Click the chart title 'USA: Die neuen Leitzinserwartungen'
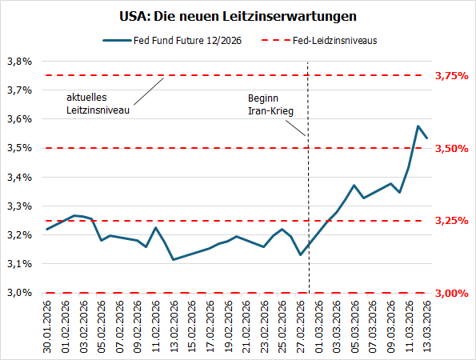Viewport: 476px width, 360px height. click(238, 16)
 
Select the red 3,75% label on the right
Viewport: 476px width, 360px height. click(450, 76)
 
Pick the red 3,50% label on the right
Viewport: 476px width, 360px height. click(450, 148)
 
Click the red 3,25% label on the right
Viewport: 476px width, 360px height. click(450, 221)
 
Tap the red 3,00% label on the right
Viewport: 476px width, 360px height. click(450, 293)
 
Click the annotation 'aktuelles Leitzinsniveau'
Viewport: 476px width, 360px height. click(97, 104)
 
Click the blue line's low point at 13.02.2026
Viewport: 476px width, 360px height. click(174, 259)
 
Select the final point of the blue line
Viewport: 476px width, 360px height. click(426, 138)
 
